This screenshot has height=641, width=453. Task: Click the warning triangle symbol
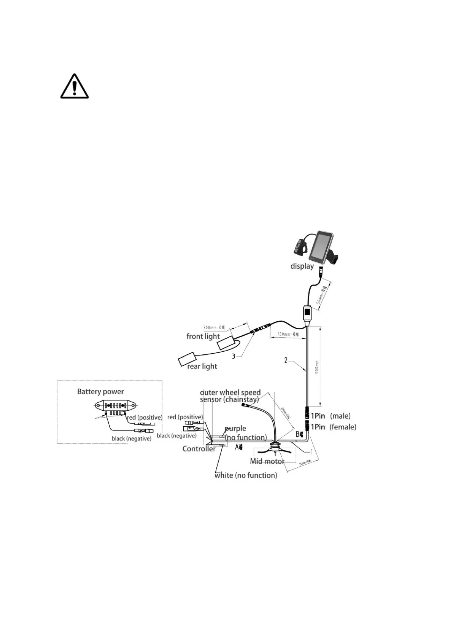75,87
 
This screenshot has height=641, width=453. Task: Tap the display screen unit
321,245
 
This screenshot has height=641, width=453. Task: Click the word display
302,266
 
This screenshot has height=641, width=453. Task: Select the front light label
203,336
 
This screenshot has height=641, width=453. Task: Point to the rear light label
202,366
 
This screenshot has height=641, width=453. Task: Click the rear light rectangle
188,359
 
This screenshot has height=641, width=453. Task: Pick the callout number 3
234,356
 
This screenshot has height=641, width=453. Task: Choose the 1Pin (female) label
333,427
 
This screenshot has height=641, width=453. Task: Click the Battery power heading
100,391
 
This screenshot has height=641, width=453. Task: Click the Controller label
199,449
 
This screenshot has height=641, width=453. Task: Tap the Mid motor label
267,461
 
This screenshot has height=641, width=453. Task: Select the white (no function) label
246,475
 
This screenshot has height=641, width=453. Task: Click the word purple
235,429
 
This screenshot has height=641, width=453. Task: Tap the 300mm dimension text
214,327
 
